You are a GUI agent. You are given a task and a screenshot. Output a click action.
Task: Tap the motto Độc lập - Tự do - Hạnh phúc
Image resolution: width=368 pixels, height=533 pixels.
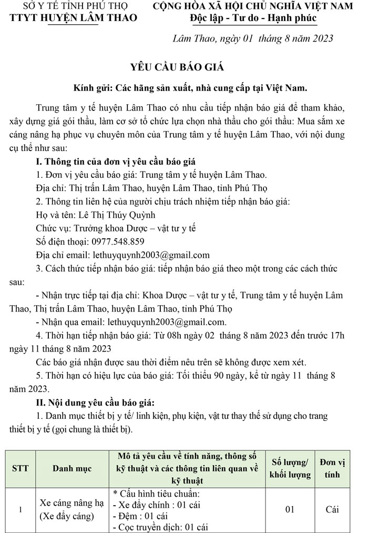pyautogui.click(x=253, y=18)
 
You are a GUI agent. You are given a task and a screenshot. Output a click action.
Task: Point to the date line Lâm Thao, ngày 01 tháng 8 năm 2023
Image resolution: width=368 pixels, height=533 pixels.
pyautogui.click(x=253, y=39)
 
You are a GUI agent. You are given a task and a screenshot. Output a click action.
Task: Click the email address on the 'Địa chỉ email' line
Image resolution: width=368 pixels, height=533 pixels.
pyautogui.click(x=151, y=255)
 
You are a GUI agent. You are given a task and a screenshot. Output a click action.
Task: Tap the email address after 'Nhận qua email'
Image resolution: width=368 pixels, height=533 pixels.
pyautogui.click(x=167, y=322)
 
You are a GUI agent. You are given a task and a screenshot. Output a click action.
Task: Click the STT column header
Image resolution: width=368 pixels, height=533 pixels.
pyautogui.click(x=20, y=468)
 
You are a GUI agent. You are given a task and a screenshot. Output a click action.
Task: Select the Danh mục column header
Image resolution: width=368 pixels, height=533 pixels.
pyautogui.click(x=72, y=468)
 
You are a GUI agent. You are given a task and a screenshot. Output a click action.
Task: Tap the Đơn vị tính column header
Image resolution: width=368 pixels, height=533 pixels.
pyautogui.click(x=332, y=468)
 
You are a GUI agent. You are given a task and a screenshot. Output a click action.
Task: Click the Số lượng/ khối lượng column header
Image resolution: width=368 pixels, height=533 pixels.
pyautogui.click(x=290, y=468)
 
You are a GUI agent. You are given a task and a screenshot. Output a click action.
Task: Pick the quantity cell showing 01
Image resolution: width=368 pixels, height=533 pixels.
pyautogui.click(x=290, y=509)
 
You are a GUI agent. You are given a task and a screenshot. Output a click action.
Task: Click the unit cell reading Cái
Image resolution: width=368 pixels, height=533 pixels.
pyautogui.click(x=332, y=509)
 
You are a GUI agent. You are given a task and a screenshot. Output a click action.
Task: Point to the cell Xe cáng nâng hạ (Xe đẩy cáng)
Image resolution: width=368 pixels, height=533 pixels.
pyautogui.click(x=72, y=509)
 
